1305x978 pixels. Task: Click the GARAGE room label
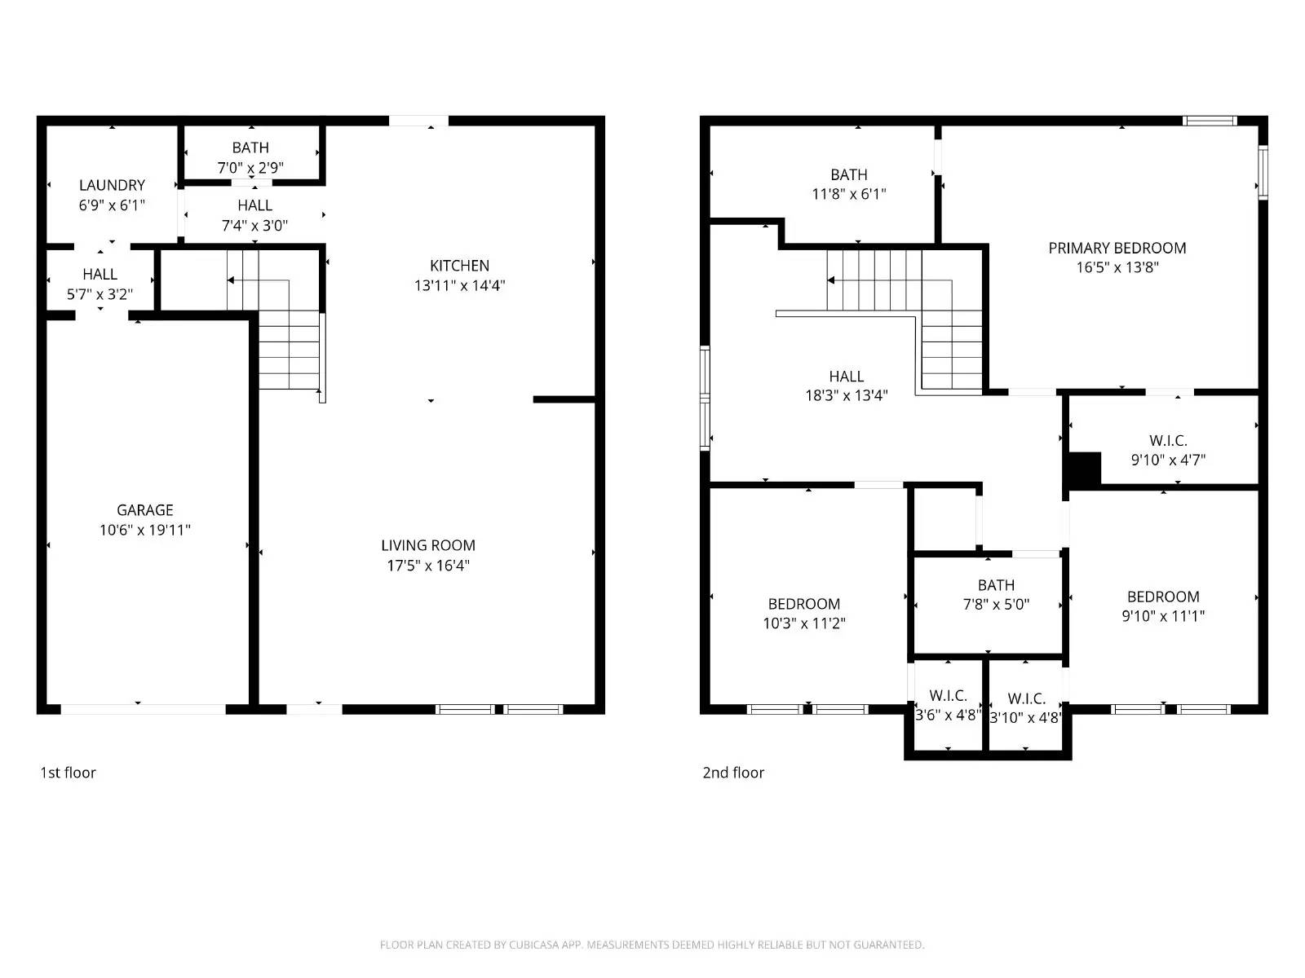145,510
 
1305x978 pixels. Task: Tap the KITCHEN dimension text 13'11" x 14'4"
460,285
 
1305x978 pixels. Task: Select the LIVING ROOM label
428,545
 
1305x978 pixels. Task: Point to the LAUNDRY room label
112,185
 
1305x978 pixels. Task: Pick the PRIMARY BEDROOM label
1117,248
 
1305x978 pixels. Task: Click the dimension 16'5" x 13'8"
1117,267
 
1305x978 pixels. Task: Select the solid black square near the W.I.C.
1085,469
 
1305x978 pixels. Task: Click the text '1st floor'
69,773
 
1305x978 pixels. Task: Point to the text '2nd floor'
733,773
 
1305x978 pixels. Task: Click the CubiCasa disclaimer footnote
652,945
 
